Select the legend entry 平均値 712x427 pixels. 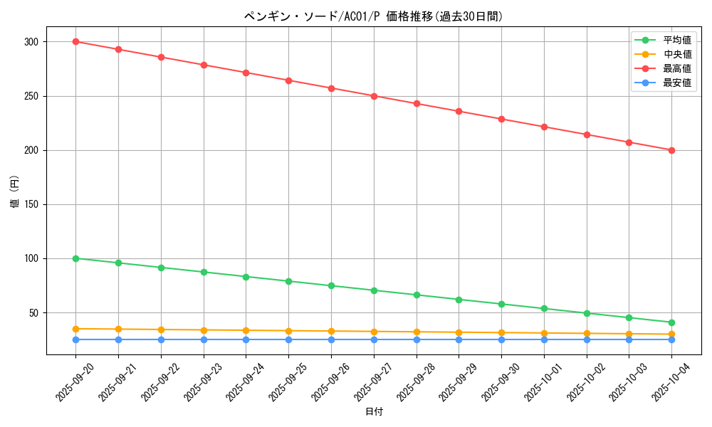click(x=677, y=40)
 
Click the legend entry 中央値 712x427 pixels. click(x=677, y=54)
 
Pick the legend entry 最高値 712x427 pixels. click(x=677, y=68)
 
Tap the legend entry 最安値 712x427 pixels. click(x=677, y=83)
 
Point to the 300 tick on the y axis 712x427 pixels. click(x=33, y=42)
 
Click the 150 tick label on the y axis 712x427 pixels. click(x=33, y=204)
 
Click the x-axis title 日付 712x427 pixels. click(x=373, y=412)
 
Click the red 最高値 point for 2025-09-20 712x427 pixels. click(x=75, y=41)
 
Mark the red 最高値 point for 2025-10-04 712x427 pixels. click(x=671, y=150)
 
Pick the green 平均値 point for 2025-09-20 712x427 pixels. click(x=75, y=258)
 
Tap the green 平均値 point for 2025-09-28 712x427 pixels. click(x=417, y=295)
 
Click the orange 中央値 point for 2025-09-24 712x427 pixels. click(x=246, y=330)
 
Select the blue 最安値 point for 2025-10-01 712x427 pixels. click(x=544, y=339)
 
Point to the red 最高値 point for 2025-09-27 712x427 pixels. click(x=374, y=96)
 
